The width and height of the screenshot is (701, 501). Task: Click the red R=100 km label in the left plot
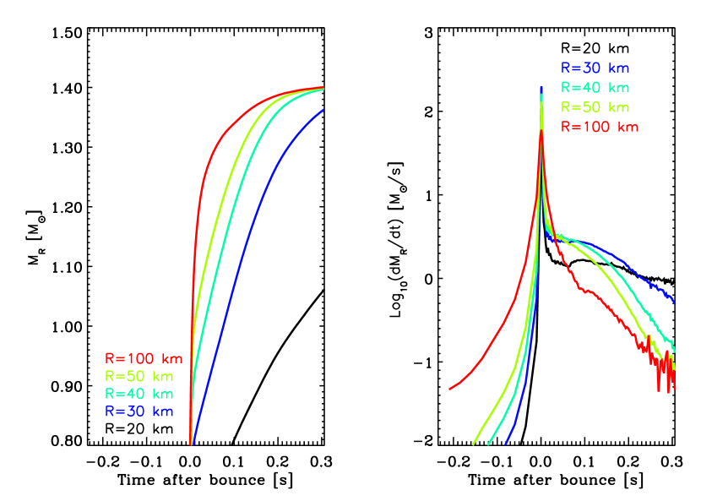144,358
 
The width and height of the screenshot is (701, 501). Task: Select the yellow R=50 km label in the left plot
139,376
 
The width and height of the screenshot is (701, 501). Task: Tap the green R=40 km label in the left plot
139,394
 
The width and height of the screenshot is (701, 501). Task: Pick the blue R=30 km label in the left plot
139,411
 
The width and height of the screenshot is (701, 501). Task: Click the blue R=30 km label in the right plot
595,68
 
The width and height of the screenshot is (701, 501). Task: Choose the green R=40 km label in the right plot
595,88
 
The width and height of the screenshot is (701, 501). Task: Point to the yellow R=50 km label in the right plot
595,107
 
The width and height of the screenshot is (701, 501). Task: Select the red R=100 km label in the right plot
600,127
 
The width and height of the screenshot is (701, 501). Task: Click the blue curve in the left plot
245,245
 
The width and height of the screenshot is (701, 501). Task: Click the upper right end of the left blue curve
323,109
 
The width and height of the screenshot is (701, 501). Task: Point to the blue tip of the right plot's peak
541,88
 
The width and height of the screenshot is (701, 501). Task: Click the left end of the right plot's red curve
450,389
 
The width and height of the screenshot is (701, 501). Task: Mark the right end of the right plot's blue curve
674,302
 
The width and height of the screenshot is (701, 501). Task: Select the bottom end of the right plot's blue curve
506,443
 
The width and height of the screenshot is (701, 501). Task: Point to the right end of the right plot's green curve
675,350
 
